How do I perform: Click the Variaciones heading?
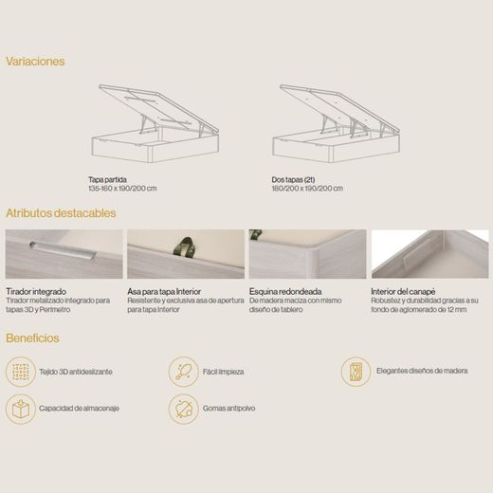tap(35, 62)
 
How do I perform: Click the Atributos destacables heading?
tap(61, 213)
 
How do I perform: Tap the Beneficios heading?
tap(32, 338)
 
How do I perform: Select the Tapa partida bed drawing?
tap(155, 123)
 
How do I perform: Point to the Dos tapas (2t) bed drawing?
tap(337, 123)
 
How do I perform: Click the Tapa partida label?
tap(107, 179)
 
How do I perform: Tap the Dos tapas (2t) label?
tap(293, 179)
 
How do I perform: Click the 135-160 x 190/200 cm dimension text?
tap(122, 189)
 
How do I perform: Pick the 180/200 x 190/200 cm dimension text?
tap(307, 189)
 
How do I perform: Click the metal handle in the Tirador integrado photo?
tap(63, 250)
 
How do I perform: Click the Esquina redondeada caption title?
tap(285, 291)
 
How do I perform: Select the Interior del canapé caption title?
tap(403, 291)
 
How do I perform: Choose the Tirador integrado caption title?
tap(36, 291)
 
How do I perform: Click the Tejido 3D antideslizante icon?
tap(21, 372)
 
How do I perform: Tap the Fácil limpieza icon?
tap(183, 372)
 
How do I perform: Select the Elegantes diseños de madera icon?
tap(356, 372)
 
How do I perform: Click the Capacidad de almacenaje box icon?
tap(21, 409)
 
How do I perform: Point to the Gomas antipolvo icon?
tap(183, 409)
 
